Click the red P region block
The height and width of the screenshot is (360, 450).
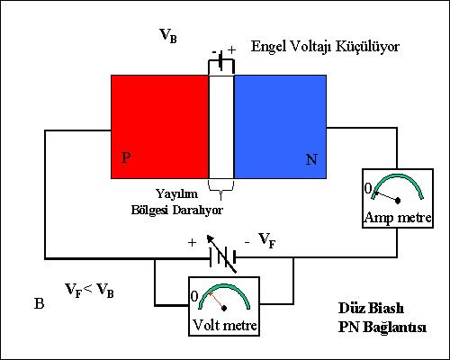point(160,127)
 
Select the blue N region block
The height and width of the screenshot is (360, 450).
point(280,127)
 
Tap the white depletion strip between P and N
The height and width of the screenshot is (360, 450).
point(221,127)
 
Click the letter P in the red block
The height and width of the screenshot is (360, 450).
point(126,157)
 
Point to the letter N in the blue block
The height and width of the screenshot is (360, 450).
point(311,159)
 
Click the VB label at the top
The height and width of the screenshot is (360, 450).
point(168,36)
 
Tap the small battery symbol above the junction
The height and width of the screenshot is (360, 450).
point(221,61)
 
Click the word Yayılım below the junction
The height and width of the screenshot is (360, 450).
point(176,193)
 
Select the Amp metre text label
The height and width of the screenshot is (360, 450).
point(398,217)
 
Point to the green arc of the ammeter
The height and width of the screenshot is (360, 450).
point(398,175)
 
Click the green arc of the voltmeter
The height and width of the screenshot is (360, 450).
point(224,285)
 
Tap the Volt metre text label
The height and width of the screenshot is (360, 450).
point(224,325)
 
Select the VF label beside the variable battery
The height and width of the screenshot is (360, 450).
point(267,240)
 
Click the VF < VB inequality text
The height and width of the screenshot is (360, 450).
point(89,290)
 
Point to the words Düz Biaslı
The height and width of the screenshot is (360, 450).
point(371,308)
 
